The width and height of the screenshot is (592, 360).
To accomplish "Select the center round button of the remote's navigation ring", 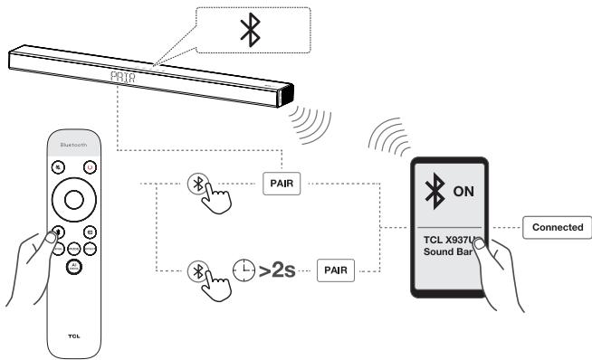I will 71,200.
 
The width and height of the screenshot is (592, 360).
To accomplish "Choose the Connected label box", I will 557,226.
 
